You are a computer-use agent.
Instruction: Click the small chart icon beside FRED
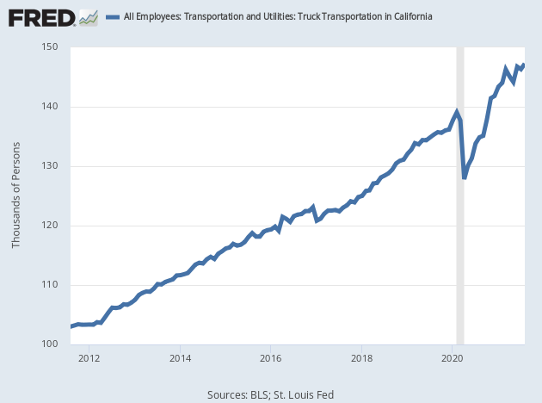[x=88, y=16]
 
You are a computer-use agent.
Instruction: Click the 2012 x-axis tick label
[x=89, y=357]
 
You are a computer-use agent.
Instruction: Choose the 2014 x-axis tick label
[x=180, y=357]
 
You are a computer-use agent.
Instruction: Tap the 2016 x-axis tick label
[x=271, y=357]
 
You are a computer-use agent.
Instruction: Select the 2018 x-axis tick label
[x=362, y=357]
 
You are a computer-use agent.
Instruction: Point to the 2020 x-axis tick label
[x=453, y=357]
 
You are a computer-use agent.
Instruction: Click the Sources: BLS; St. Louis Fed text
[x=270, y=394]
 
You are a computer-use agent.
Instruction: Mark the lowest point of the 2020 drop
[x=465, y=177]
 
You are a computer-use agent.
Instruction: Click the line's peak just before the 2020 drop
[x=457, y=112]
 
